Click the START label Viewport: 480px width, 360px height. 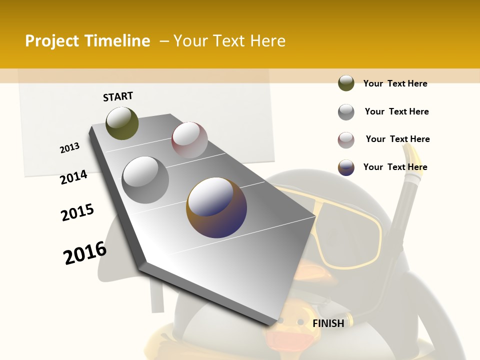(x=118, y=96)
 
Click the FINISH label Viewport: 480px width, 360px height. (x=328, y=323)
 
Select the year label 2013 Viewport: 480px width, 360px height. (x=69, y=148)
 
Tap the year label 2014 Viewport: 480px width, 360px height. (x=73, y=177)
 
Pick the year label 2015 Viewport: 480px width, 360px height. (x=77, y=212)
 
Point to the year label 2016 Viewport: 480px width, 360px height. (x=85, y=252)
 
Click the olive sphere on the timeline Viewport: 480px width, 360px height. (x=122, y=123)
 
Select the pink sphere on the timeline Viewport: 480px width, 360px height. (x=189, y=140)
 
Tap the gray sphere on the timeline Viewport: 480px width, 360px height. (x=145, y=179)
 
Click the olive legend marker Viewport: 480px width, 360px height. (x=346, y=83)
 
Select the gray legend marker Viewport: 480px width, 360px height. (x=346, y=112)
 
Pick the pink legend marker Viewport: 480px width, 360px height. (x=346, y=140)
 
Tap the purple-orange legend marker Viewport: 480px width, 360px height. (x=346, y=167)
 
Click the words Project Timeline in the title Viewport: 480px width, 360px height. (x=87, y=41)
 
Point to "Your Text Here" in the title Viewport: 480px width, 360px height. (x=229, y=41)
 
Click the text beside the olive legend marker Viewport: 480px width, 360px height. (x=395, y=83)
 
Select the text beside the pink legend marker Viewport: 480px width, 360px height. (x=397, y=139)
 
